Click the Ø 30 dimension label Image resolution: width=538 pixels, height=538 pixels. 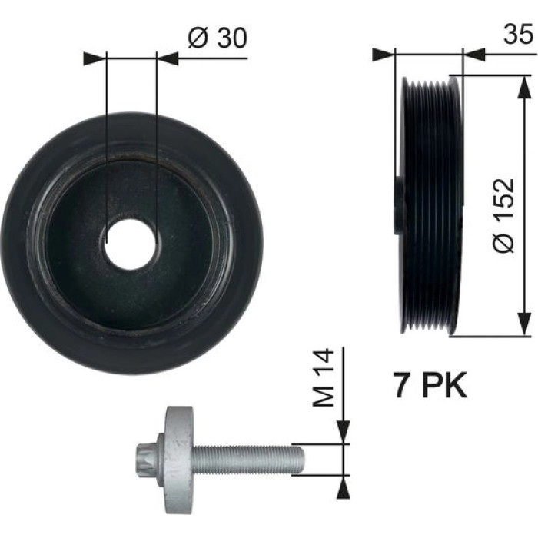click(218, 38)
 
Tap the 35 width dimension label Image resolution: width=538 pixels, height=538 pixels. click(519, 34)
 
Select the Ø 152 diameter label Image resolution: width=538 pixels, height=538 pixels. click(503, 215)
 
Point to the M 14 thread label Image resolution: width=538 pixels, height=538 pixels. click(323, 377)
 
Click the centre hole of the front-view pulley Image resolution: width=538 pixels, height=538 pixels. click(131, 244)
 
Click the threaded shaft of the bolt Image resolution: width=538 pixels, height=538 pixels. click(247, 460)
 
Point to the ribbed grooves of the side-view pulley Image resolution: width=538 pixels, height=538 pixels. click(428, 205)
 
